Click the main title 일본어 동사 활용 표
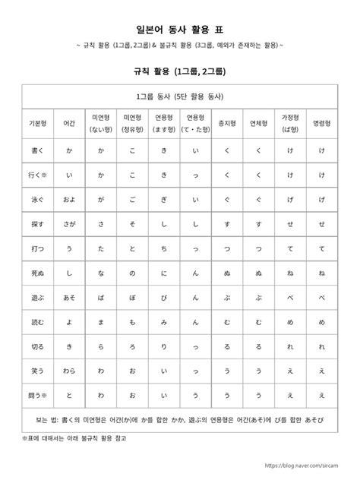(179, 29)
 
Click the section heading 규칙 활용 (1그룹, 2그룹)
(179, 71)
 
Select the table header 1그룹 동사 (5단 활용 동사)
(179, 96)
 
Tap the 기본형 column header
(37, 122)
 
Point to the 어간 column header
(69, 122)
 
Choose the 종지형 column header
(226, 122)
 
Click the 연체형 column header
(259, 122)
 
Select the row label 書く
(37, 150)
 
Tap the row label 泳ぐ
(37, 200)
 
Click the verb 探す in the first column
(37, 225)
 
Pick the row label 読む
(37, 323)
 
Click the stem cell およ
(69, 200)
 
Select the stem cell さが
(69, 225)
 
